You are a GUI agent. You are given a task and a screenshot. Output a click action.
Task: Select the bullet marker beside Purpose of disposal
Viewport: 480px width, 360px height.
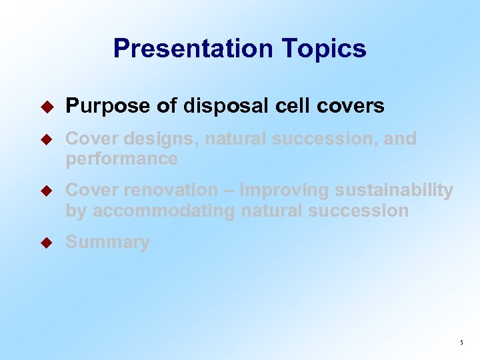coord(46,106)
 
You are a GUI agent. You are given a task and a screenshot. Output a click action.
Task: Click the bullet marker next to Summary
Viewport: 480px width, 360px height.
coord(46,243)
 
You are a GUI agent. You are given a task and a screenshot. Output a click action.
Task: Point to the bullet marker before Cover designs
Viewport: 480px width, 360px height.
coord(46,139)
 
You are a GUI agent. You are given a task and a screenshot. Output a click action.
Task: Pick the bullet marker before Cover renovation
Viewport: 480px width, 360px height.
coord(46,191)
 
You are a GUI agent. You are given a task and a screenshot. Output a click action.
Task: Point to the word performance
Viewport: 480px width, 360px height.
coord(121,159)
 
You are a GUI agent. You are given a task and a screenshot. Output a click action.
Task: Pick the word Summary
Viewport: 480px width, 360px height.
coord(107,242)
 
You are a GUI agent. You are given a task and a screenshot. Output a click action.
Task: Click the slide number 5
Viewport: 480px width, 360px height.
coord(461,343)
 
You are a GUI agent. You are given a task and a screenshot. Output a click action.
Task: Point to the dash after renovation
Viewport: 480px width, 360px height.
coord(229,190)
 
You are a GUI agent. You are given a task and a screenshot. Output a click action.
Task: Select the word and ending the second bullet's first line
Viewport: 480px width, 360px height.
coord(399,139)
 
